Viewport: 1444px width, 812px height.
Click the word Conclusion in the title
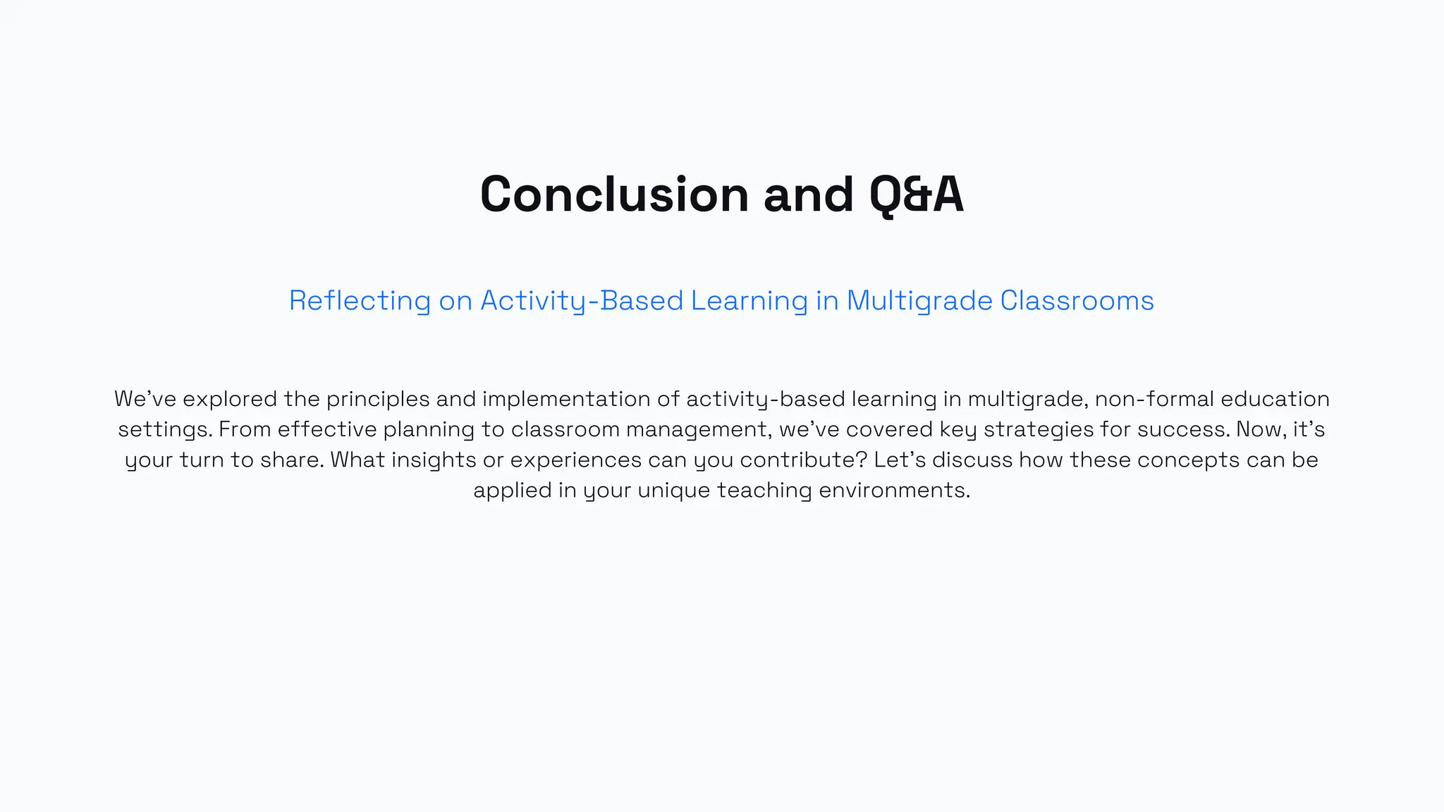pos(614,195)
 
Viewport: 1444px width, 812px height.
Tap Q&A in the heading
pos(916,195)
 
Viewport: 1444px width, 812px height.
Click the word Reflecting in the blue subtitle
pos(360,301)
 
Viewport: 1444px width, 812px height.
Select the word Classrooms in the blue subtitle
pos(1077,301)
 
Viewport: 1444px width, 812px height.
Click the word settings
pos(165,430)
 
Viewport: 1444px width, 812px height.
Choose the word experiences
pos(575,460)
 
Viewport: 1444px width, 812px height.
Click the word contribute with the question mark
pos(803,460)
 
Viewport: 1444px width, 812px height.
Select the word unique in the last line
pos(673,491)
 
